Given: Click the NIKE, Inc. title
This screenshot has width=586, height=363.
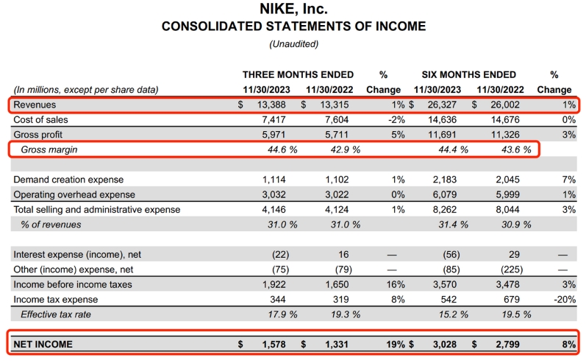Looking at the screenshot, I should coord(293,10).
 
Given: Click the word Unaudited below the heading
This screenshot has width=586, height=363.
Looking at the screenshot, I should coord(293,44).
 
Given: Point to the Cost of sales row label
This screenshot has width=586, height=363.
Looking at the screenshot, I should coord(42,120).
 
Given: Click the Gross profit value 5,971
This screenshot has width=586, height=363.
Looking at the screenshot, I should coord(276,135).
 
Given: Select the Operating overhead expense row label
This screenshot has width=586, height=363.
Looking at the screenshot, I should coord(74,194).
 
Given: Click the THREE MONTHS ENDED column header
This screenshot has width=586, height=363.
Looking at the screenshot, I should coord(298,74).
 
